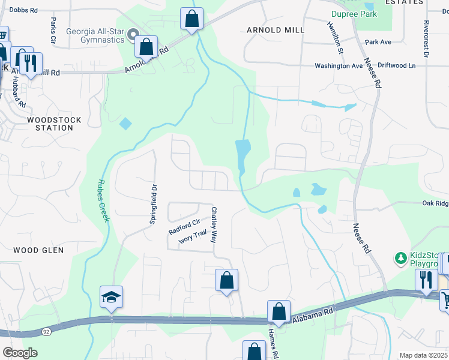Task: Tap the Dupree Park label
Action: [x=354, y=14]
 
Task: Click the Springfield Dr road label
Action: [x=154, y=204]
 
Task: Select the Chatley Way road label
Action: [x=213, y=224]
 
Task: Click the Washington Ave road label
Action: [x=339, y=65]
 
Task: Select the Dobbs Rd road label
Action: [x=24, y=10]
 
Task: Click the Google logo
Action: [x=20, y=352]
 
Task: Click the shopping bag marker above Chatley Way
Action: [x=226, y=281]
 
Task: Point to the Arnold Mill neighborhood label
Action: [x=276, y=29]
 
